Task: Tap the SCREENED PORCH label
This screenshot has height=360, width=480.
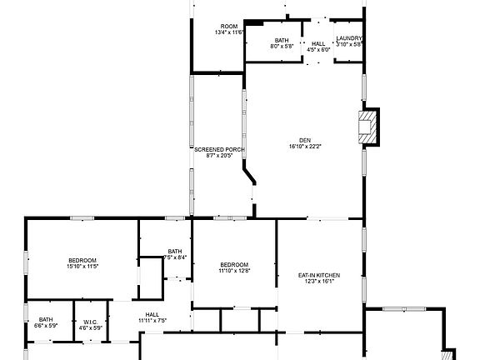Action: point(219,150)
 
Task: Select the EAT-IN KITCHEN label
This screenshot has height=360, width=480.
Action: point(319,275)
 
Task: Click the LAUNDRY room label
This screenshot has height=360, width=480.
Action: point(349,39)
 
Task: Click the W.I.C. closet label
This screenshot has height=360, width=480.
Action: point(91,322)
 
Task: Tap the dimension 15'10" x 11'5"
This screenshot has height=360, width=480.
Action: point(82,267)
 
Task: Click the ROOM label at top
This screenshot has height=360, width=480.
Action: point(228,26)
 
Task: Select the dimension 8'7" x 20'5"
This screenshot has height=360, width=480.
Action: point(219,156)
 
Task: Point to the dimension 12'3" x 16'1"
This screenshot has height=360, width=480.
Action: point(319,282)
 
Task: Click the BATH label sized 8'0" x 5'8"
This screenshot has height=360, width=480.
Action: point(282,40)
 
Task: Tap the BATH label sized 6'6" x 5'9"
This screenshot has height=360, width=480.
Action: point(45,319)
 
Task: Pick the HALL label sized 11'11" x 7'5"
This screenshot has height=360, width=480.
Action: point(152,314)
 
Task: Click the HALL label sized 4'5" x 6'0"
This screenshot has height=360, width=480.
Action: point(319,43)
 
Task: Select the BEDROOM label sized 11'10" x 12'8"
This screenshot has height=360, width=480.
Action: point(235,264)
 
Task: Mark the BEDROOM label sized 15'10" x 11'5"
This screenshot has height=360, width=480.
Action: point(82,260)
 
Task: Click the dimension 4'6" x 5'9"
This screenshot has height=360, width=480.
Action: point(91,328)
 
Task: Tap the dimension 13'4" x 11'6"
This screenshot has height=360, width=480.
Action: point(228,32)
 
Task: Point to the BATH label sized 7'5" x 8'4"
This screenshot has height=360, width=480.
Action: point(175,251)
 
